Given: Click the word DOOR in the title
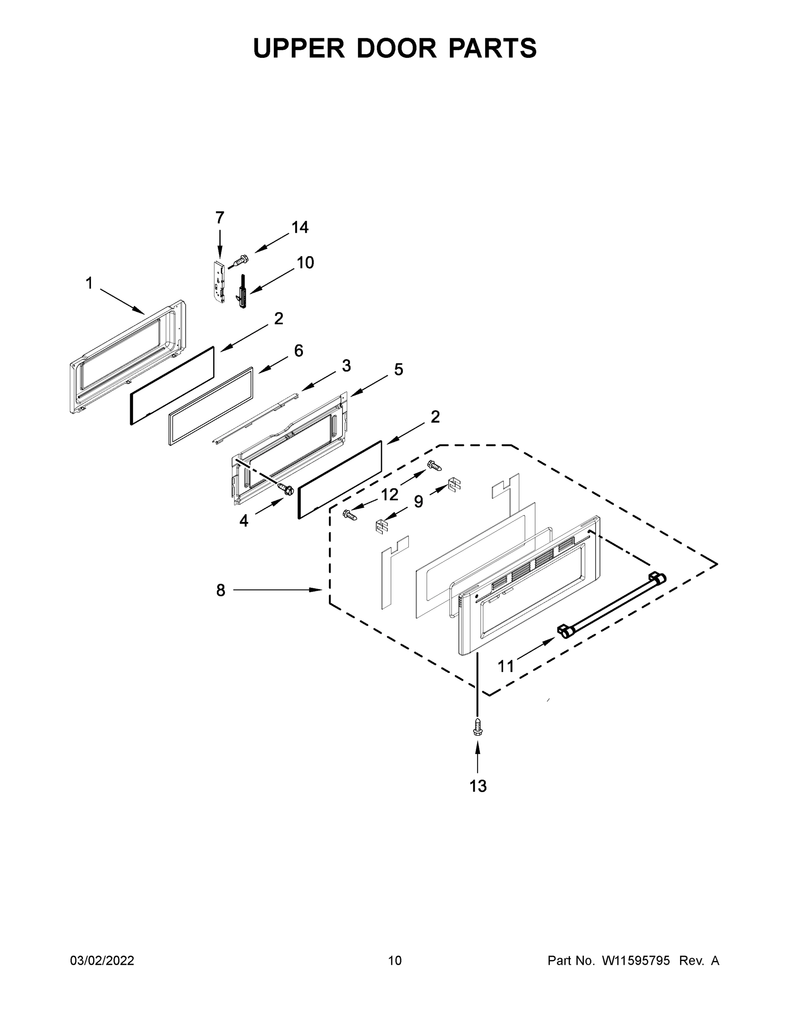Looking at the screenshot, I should coord(396,48).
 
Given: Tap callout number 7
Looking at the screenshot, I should coord(219,218).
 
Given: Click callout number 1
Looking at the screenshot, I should coord(89,283).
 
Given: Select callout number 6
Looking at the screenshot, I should coord(298,351).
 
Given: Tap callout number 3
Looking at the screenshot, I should coord(346,365).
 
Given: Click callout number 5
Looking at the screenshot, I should coord(398,370).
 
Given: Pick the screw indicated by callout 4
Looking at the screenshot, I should coord(285,489).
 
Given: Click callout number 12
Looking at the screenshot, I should coord(389,494).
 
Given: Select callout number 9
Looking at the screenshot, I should coord(419,502).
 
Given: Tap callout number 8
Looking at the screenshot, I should coord(221,590).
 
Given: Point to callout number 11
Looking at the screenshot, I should coord(506,666).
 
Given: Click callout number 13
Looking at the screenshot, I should coord(478,786).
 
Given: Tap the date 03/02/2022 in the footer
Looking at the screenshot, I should coord(102,961).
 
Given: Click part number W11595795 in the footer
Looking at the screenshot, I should coord(636,961).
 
